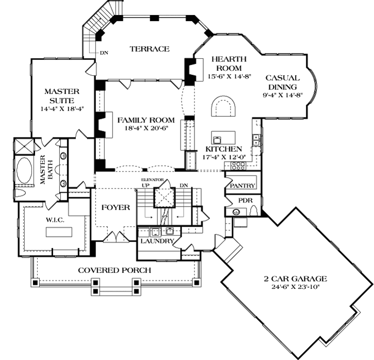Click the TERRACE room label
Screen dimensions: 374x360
150,49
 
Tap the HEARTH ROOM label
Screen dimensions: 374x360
229,64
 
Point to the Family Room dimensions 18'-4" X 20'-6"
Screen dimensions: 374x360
147,128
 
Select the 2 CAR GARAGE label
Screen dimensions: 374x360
295,278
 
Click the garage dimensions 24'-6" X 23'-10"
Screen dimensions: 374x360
295,287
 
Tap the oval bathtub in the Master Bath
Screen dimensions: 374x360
24,170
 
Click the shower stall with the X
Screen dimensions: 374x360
24,146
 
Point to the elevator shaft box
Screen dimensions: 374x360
165,197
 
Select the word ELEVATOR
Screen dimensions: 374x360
152,180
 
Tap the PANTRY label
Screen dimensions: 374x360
242,185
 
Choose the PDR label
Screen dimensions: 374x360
246,200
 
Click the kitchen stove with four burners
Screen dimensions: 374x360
238,166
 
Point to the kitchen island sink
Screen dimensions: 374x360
217,139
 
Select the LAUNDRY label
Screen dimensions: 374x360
157,241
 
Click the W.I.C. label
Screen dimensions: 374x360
55,220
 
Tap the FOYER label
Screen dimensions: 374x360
116,207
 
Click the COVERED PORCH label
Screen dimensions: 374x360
115,270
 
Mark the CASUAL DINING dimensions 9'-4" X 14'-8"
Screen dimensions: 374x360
283,95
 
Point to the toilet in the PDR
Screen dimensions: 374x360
254,211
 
